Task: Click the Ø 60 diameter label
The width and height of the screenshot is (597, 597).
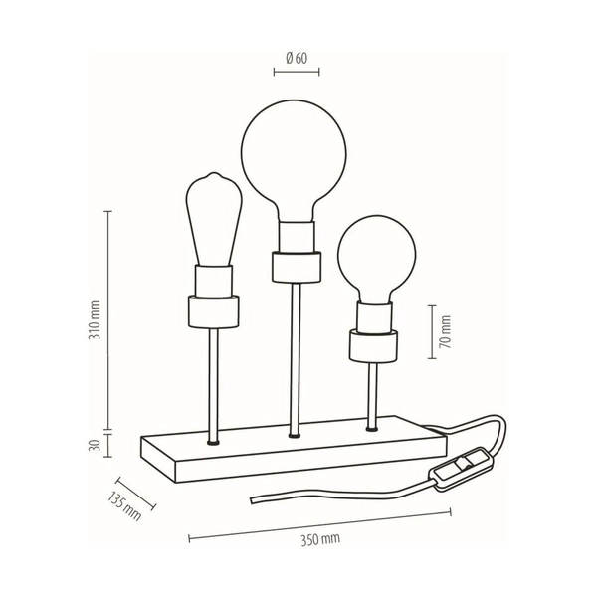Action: [x=296, y=57]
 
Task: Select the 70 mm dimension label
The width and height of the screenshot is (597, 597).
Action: [x=445, y=330]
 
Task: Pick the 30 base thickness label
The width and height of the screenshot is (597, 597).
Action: [x=94, y=446]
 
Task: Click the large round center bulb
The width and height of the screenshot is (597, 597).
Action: [x=295, y=155]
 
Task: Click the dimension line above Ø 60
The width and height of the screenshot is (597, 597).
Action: [x=295, y=72]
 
